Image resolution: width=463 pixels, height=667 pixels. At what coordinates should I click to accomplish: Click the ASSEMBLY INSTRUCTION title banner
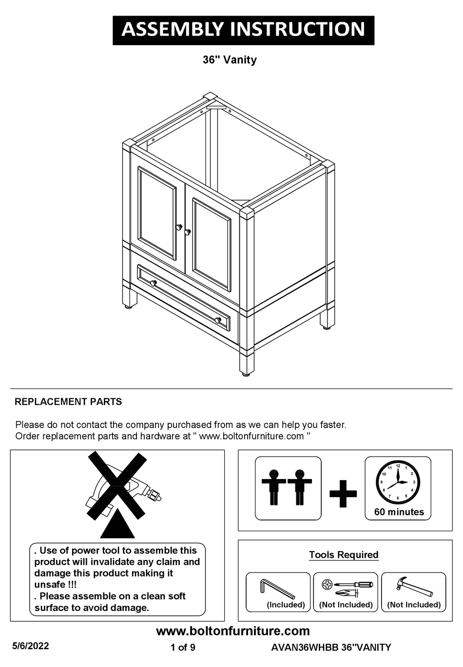click(x=243, y=30)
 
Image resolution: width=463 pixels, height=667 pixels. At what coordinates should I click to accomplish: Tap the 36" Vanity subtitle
click(x=230, y=60)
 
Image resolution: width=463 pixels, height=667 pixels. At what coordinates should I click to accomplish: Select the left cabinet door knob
click(x=179, y=227)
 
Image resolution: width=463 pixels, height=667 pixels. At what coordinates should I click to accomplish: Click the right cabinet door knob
click(x=187, y=232)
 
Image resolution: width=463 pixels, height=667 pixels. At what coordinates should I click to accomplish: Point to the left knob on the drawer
click(x=153, y=283)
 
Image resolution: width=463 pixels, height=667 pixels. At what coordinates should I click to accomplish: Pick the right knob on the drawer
click(x=218, y=320)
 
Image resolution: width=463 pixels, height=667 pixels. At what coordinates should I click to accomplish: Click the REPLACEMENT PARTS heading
click(x=68, y=402)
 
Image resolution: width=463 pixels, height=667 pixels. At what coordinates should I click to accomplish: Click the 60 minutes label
click(x=399, y=512)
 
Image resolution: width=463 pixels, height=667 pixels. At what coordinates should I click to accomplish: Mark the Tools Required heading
click(x=344, y=555)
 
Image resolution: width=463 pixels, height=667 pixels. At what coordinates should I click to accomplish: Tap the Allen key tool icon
click(x=277, y=588)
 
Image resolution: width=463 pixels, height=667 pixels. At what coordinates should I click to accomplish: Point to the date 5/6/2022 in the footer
click(x=31, y=646)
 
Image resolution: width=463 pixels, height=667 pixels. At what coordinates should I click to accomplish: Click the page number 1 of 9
click(x=183, y=648)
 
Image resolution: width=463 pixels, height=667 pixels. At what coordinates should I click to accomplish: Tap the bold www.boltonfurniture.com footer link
click(x=232, y=631)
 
